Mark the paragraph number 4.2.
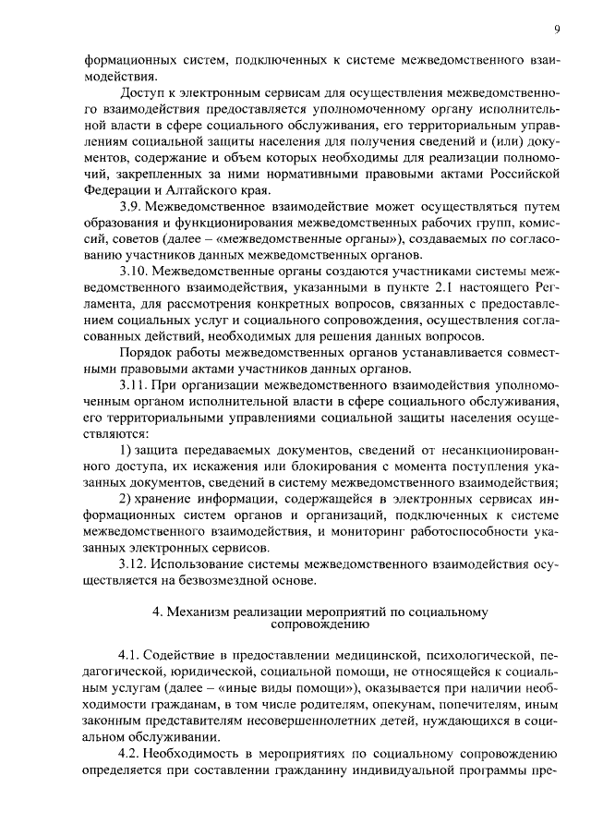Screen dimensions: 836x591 click(x=131, y=754)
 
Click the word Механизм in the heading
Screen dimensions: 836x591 click(x=196, y=611)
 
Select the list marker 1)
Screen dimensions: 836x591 click(x=128, y=449)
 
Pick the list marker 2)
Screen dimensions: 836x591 click(x=128, y=499)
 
